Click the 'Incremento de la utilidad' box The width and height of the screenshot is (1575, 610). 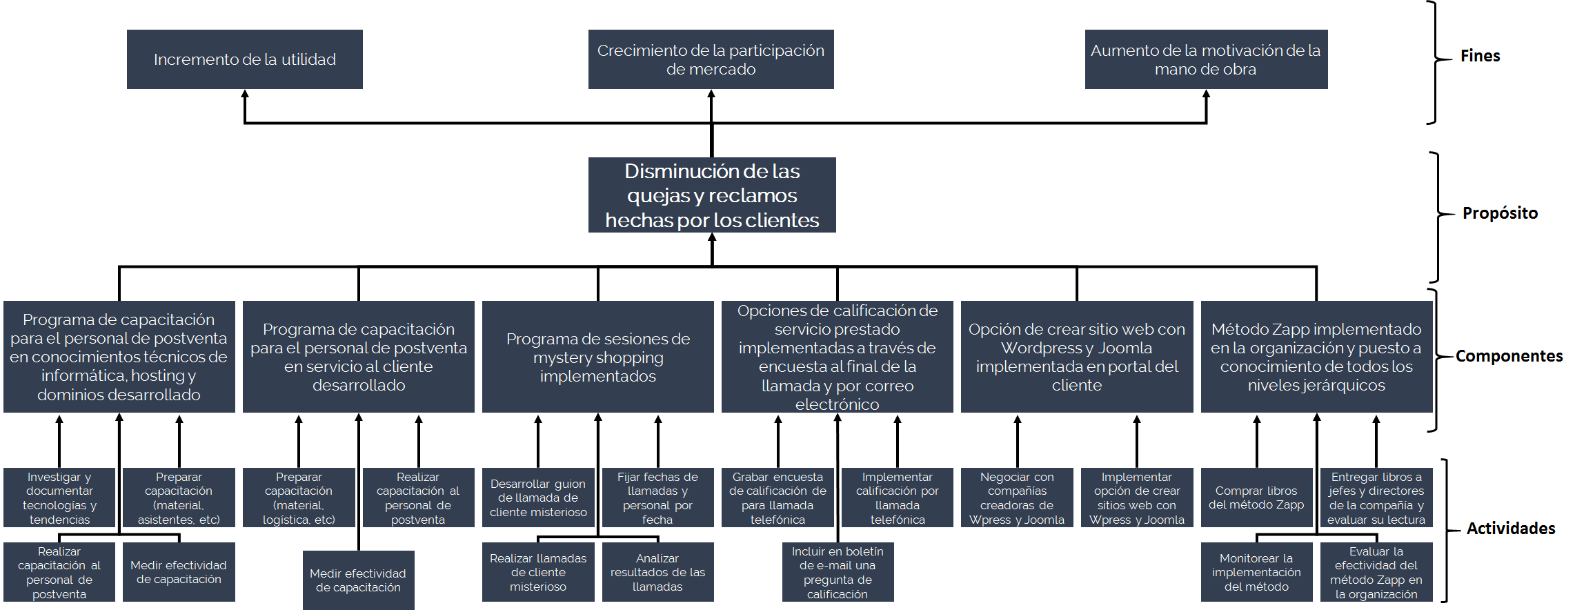pos(244,59)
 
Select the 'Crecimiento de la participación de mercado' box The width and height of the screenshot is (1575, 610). pos(711,59)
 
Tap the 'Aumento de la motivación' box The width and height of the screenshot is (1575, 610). pos(1205,59)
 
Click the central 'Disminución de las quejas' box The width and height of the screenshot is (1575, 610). pos(712,195)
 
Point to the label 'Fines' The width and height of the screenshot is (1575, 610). pos(1480,56)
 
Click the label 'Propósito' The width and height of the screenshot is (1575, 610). pos(1500,213)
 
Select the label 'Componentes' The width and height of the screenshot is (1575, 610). pos(1509,356)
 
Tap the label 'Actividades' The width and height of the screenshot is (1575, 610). pos(1510,529)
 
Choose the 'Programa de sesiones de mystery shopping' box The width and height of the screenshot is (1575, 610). pos(597,357)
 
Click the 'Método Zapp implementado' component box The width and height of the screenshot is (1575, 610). pos(1316,357)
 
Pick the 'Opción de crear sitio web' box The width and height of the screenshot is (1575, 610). pos(1076,357)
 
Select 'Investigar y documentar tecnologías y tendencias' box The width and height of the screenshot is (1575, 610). pos(59,498)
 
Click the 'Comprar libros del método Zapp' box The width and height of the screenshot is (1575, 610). pos(1256,498)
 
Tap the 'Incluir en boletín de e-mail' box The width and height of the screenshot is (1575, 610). pos(838,572)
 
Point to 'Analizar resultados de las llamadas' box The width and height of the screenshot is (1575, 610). pos(657,572)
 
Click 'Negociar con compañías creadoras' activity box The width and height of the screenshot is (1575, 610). pos(1016,498)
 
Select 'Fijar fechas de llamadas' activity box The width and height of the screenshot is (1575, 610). pos(657,498)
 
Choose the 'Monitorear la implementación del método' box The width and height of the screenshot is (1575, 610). pos(1256,572)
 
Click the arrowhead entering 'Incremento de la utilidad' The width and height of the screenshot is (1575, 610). pos(244,95)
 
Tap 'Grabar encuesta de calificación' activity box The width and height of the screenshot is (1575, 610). pos(777,498)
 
